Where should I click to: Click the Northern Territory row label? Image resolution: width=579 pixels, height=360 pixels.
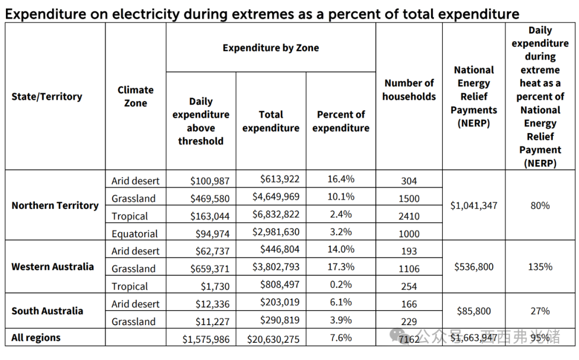55,205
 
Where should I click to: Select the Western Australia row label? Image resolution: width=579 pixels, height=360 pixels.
53,267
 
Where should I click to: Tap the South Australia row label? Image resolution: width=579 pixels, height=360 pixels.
47,311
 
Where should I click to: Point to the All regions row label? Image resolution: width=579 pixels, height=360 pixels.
36,337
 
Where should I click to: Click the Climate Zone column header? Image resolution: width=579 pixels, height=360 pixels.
136,97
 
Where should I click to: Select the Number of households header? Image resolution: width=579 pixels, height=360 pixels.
409,90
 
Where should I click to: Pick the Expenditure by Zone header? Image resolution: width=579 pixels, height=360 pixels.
271,48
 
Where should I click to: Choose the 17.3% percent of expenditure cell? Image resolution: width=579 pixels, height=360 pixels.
341,267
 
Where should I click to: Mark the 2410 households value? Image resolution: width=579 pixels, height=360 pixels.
409,216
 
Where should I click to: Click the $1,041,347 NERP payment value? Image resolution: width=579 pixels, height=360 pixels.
474,205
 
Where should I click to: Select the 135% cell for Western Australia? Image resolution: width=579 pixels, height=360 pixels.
540,267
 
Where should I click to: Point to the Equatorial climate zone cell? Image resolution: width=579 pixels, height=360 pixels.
135,234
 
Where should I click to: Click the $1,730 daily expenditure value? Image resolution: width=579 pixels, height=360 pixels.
217,286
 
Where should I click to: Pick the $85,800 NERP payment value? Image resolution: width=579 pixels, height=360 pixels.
474,311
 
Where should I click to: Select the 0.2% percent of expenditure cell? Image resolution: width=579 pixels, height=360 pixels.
341,284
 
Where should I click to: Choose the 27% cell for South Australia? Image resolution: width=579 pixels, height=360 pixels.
540,311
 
